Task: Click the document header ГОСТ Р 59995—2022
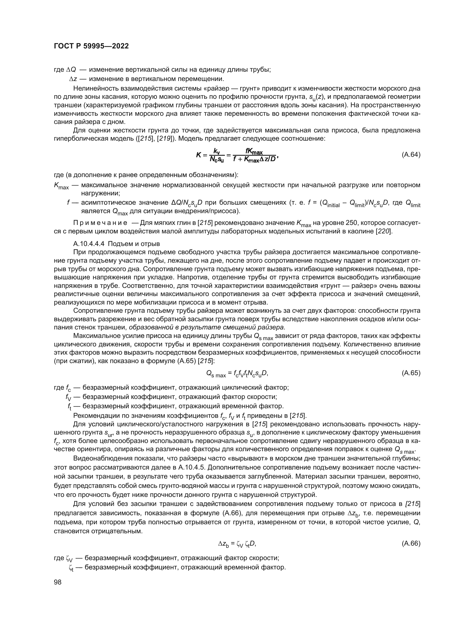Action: [x=91, y=46]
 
